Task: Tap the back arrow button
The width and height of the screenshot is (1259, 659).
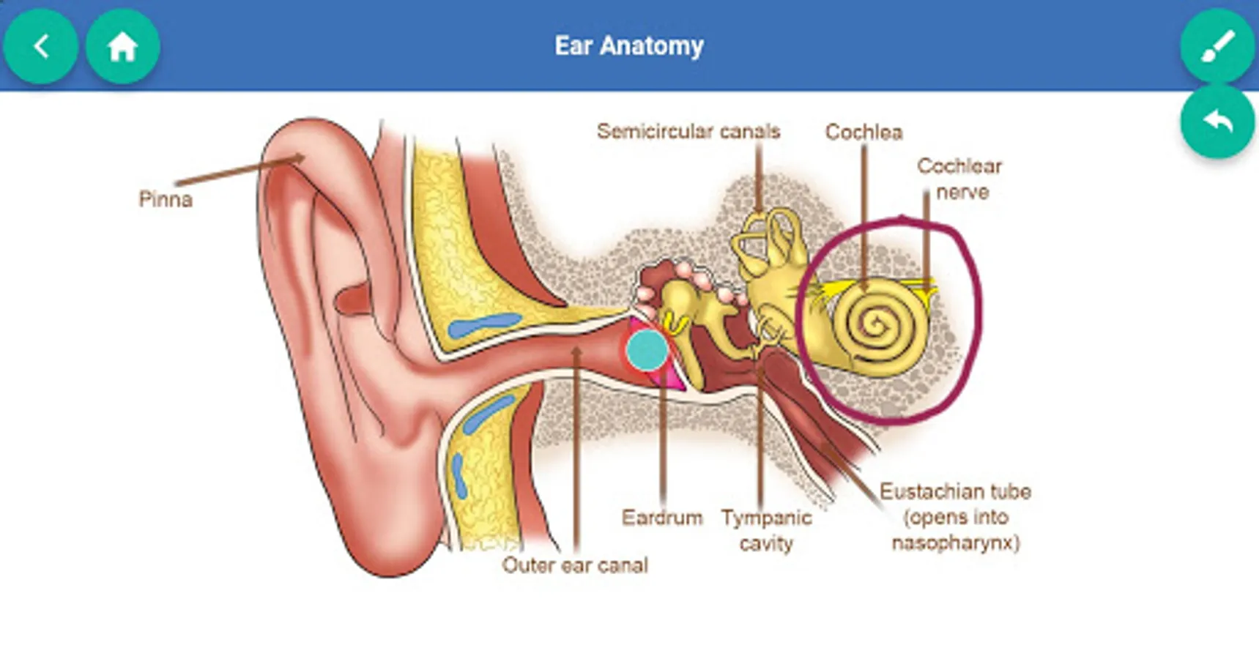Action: pos(41,47)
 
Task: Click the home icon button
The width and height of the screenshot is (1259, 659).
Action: pos(122,47)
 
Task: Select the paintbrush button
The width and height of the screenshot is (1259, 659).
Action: pos(1217,45)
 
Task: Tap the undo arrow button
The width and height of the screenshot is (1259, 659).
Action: pos(1217,122)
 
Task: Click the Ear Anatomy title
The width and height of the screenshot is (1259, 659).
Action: pos(629,46)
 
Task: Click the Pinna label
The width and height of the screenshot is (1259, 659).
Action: pos(166,199)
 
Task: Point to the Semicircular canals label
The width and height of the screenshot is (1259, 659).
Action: pos(688,131)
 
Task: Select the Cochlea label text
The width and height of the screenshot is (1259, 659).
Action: pos(864,132)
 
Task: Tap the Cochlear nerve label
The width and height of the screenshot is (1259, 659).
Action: pos(960,179)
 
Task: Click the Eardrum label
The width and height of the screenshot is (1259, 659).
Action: pos(662,518)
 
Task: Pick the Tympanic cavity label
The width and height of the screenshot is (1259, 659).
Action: pos(766,530)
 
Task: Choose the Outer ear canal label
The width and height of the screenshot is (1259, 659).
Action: pos(575,565)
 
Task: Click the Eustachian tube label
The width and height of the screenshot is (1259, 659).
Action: pos(955,491)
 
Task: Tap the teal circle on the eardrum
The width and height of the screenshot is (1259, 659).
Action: pos(647,349)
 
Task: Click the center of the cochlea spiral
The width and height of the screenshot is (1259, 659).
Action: pos(874,322)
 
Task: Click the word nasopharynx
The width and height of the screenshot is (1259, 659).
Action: pos(955,543)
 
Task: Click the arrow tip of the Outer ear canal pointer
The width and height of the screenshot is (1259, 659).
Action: pos(576,349)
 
